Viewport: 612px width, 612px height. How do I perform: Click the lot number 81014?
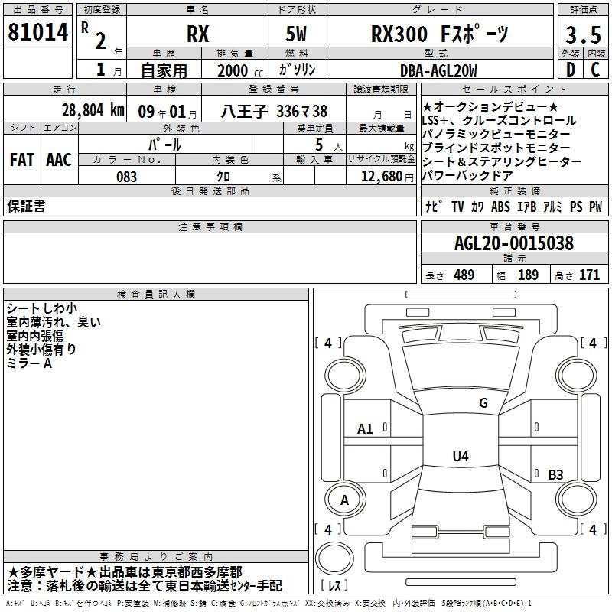(x=37, y=32)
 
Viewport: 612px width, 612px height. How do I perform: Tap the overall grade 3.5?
(x=583, y=34)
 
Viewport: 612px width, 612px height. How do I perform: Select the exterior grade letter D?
(x=571, y=70)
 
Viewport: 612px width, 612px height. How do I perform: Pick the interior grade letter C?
(x=595, y=70)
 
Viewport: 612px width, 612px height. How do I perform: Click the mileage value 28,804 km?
(x=93, y=110)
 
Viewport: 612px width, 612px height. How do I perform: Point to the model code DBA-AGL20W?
(x=438, y=70)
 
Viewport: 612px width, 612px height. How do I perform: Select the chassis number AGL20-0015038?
(x=514, y=243)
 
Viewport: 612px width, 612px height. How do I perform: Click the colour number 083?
(x=126, y=177)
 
